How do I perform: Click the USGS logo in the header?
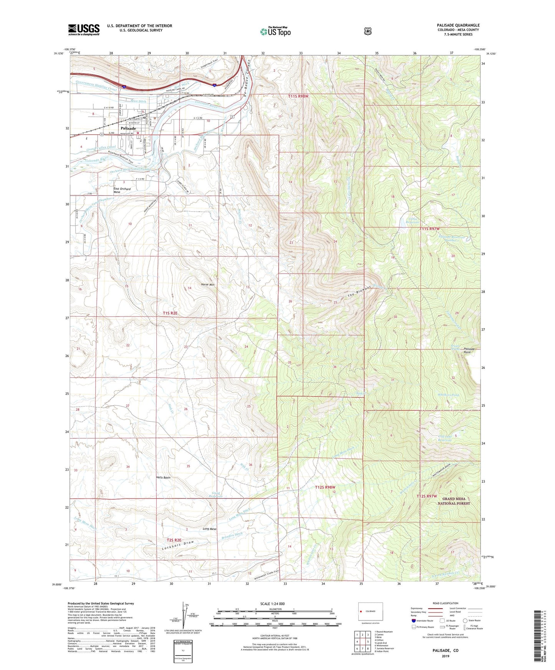84,30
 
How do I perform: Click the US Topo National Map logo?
275,31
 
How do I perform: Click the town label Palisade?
128,128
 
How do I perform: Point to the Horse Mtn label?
207,284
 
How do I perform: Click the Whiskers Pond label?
448,395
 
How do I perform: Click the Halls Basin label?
163,477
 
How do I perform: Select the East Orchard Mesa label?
122,190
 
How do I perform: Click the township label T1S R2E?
170,313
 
